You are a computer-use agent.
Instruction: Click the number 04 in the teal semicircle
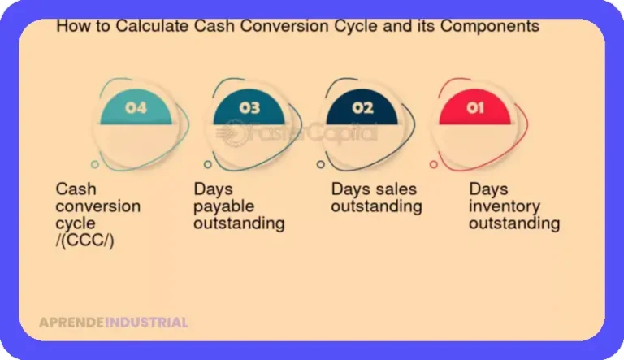click(136, 107)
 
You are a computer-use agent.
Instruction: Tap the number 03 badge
click(249, 107)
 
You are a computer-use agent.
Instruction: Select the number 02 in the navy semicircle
click(362, 107)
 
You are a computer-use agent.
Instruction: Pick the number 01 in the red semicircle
click(475, 107)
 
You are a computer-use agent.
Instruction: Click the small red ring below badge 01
click(434, 164)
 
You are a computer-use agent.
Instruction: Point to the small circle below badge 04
click(95, 164)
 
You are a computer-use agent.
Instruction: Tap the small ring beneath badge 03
click(208, 164)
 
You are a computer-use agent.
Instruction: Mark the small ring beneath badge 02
click(321, 164)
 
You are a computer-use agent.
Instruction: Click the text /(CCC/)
click(84, 241)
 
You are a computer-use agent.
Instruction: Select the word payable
click(223, 207)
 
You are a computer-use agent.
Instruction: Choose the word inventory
click(505, 207)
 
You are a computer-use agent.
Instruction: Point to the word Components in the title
click(489, 26)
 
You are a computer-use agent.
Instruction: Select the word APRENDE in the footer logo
click(71, 323)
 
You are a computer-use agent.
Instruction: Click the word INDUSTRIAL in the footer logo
click(146, 323)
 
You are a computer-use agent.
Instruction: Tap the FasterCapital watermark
click(297, 132)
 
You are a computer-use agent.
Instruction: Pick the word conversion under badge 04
click(97, 206)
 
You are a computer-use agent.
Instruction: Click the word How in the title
click(69, 26)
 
